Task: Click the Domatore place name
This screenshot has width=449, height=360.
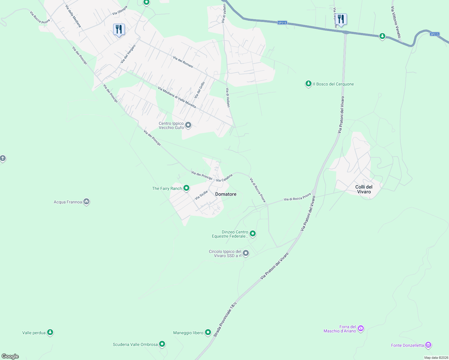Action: click(226, 194)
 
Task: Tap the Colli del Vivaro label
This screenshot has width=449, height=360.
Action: click(364, 189)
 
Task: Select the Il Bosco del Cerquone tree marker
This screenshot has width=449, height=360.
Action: click(308, 84)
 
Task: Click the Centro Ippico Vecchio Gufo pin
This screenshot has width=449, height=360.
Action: click(188, 125)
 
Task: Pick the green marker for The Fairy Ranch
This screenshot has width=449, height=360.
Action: click(186, 188)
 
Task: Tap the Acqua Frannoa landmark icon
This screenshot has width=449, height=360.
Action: click(86, 202)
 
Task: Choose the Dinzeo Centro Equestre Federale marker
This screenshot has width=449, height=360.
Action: click(253, 233)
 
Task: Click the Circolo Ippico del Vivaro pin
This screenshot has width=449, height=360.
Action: click(246, 253)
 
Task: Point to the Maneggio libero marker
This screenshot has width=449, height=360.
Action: click(208, 332)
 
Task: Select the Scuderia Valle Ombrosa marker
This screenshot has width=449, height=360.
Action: click(162, 344)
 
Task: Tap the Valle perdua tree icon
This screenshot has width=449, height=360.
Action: click(50, 332)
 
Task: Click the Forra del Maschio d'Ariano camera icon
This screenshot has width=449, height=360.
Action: click(361, 328)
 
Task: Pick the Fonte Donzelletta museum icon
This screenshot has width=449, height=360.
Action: click(428, 345)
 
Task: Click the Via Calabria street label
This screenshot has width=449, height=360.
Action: click(224, 178)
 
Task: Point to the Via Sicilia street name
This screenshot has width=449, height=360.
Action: click(201, 195)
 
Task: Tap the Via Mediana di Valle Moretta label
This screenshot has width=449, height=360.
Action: click(177, 97)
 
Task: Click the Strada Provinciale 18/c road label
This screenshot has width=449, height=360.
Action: click(225, 319)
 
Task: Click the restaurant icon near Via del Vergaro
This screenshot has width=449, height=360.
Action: click(119, 30)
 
